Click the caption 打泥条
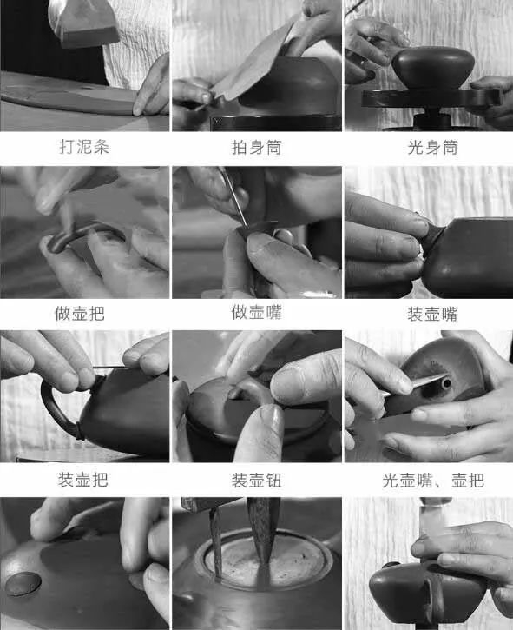84,147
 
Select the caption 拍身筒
257,148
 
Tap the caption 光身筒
433,148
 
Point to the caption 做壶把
80,314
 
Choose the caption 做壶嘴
257,312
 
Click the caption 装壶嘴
432,314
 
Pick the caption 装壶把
83,480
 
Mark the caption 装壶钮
257,481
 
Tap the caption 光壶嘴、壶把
433,481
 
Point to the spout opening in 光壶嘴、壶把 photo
446,384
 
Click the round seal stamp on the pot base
23,583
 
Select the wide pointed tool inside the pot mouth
263,530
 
